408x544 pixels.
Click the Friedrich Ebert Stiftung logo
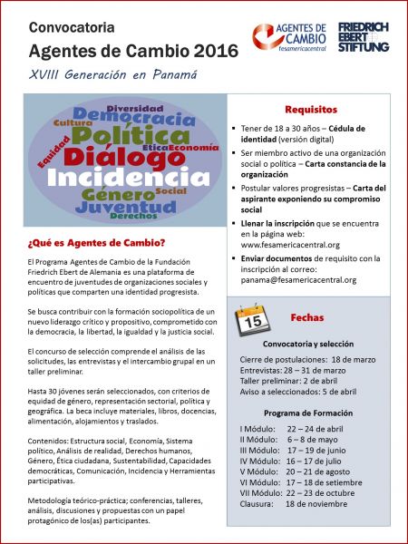(364, 37)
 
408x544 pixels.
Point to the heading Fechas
(307, 318)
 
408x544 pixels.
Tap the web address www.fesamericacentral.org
(290, 244)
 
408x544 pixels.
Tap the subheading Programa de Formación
(310, 387)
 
